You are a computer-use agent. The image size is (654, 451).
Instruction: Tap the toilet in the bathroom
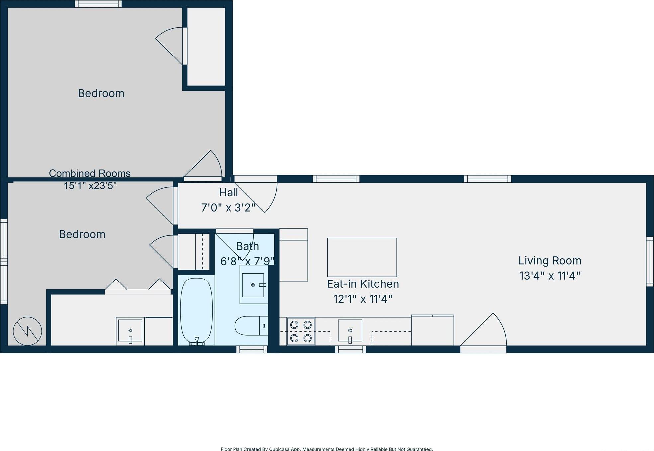[x=251, y=326]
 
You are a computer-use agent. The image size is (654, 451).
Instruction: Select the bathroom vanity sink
[x=253, y=285]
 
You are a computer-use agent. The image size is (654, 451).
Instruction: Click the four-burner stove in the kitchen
[x=301, y=331]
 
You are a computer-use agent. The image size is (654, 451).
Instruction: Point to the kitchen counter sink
[x=350, y=330]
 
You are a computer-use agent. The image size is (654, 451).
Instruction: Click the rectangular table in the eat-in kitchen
[x=362, y=257]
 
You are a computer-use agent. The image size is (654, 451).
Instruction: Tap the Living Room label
[x=550, y=260]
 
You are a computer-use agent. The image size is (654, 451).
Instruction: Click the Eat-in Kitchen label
[x=363, y=284]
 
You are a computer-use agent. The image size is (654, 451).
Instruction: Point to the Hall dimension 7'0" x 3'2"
[x=228, y=208]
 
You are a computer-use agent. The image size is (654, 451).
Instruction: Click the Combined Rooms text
[x=90, y=173]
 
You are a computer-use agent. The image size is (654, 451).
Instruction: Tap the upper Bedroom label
[x=101, y=93]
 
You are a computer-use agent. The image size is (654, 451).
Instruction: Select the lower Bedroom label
[x=82, y=234]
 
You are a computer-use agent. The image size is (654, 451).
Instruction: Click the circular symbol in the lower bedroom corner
[x=27, y=331]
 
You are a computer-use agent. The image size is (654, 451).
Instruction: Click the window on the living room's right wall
[x=649, y=262]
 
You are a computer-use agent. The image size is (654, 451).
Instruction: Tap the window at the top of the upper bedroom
[x=98, y=4]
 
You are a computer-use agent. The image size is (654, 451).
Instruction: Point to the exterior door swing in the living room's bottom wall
[x=483, y=332]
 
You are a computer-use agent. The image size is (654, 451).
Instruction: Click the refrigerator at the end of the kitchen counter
[x=432, y=330]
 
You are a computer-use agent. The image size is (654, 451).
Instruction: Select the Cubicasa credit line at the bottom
[x=327, y=449]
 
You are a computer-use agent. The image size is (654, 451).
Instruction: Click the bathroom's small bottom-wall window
[x=252, y=349]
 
